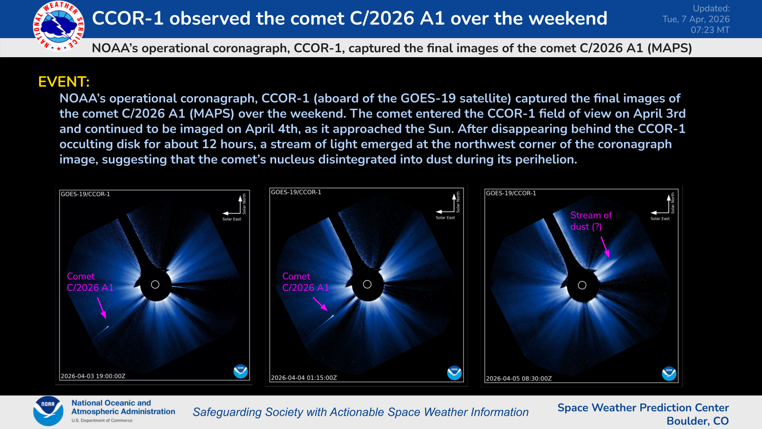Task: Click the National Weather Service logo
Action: [x=59, y=26]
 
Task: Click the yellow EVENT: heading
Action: [x=63, y=82]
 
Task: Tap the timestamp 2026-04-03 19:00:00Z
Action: [x=93, y=376]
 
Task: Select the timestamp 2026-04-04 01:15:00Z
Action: [x=304, y=378]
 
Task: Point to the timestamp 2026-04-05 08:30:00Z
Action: [x=519, y=379]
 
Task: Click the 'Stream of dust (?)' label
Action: [x=591, y=221]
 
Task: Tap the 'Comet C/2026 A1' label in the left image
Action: [x=90, y=282]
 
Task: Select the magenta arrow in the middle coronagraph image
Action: [x=320, y=304]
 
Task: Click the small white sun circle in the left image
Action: [x=155, y=284]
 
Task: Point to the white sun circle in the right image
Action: [x=582, y=285]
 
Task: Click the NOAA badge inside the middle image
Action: [x=454, y=373]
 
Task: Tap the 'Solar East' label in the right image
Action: [x=660, y=219]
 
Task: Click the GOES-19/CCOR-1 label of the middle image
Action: [x=296, y=192]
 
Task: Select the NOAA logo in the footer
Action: [x=48, y=411]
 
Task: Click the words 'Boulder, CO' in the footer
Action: [x=697, y=421]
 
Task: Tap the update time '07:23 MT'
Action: [x=710, y=30]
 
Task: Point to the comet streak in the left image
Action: [x=102, y=331]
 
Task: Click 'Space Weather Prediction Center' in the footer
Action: [x=643, y=408]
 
